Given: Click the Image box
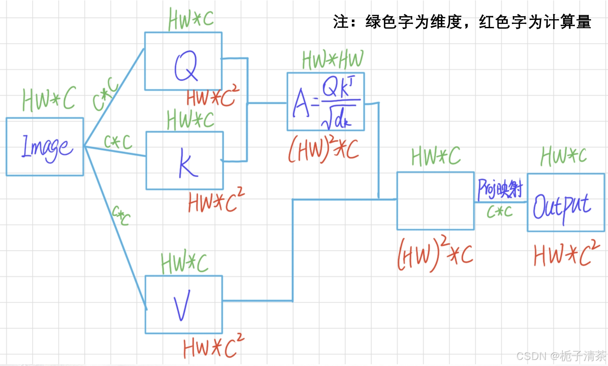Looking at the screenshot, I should pos(44,146).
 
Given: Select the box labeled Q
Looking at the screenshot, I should pos(183,61).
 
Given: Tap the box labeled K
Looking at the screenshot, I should pos(184,161).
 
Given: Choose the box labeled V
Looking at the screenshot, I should pos(183,304).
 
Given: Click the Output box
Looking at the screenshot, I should pos(565,202).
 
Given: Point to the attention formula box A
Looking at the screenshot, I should pos(325,102).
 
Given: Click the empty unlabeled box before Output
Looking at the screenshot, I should pos(435,201).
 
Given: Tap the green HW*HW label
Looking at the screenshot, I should pos(333,60).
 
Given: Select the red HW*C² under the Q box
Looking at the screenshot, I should pos(210,98).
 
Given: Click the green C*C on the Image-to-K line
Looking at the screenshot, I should pos(118,142).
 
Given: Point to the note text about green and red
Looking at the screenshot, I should pos(462,22).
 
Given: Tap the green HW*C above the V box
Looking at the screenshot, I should pos(184,262).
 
